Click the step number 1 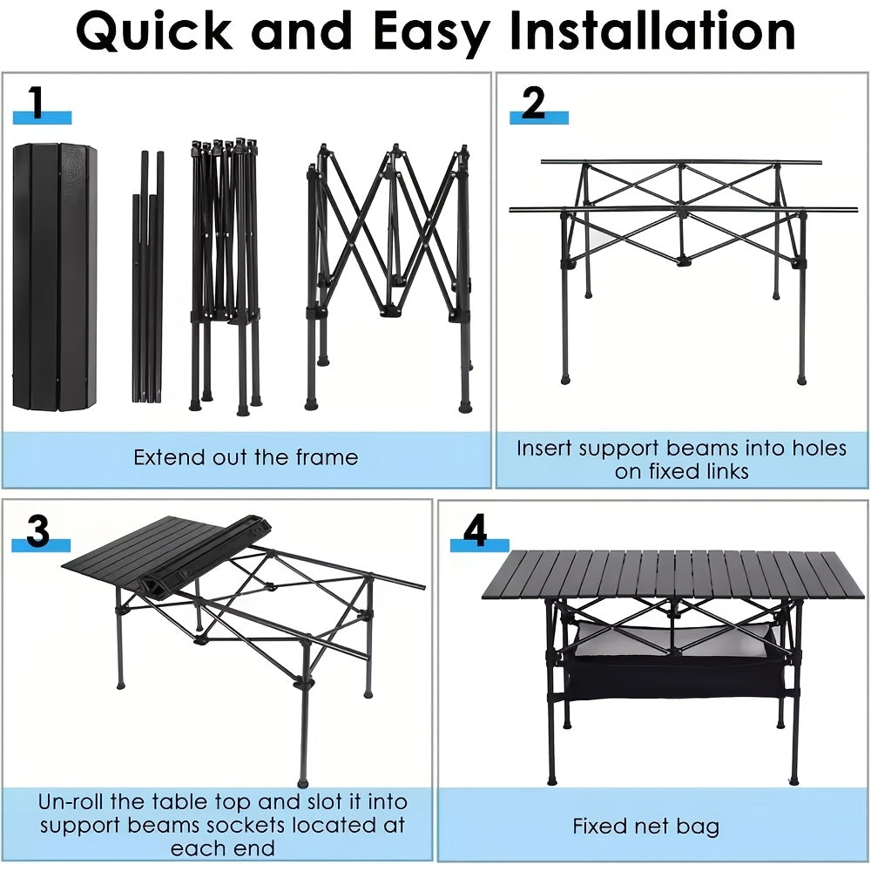coord(37,102)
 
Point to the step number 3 coord(37,530)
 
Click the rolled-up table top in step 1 coord(54,277)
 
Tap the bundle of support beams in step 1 coord(148,276)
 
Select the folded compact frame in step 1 coord(226,276)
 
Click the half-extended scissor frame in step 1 coord(390,278)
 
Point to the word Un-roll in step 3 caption coord(71,801)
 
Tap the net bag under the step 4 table coord(673,661)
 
